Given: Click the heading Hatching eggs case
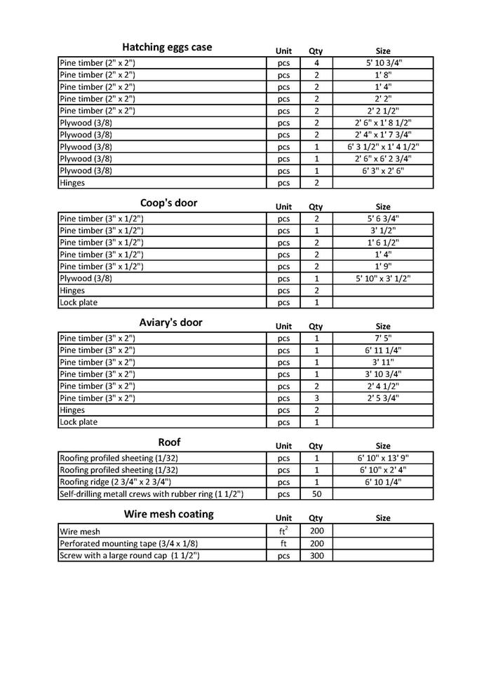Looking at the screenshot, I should (x=167, y=48).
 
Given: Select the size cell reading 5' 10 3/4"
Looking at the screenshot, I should (x=383, y=63).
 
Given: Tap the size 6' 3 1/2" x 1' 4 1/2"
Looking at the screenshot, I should (x=383, y=147).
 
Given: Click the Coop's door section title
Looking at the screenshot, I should (x=168, y=203).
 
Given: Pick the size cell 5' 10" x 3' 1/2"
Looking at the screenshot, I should (x=383, y=278).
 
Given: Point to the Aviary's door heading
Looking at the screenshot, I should (x=170, y=322).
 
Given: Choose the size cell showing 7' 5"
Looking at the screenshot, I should (x=383, y=338).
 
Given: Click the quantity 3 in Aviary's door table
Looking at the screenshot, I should (x=316, y=398).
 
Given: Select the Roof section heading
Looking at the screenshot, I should (x=169, y=442).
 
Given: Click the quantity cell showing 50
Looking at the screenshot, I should (x=316, y=494).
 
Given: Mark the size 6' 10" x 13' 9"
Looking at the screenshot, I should (x=383, y=458).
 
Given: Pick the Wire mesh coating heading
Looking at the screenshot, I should (x=169, y=514).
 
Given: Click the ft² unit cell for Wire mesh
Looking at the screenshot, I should (x=283, y=531).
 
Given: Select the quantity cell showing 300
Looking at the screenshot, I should (x=316, y=555).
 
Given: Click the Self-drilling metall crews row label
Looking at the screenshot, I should (x=152, y=494).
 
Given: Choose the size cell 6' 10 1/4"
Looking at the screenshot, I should (x=383, y=482).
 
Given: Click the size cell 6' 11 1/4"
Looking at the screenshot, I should (x=383, y=350).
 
